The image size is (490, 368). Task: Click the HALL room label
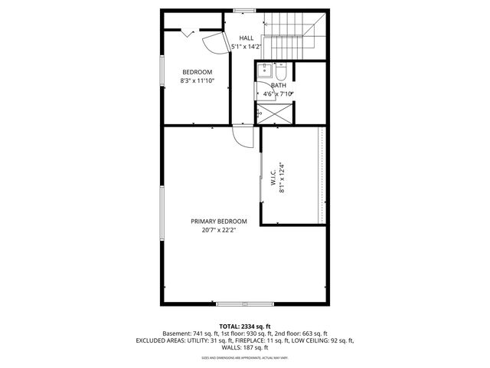[x=246, y=38]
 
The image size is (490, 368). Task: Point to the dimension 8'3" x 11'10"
[x=197, y=80]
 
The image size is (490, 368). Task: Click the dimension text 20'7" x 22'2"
[x=218, y=229]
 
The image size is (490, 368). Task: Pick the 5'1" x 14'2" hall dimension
[x=246, y=47]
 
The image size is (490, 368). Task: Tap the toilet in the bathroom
[x=280, y=74]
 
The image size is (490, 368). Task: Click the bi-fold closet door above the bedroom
[x=188, y=31]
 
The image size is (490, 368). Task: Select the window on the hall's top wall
[x=244, y=10]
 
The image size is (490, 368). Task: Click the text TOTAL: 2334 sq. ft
[x=244, y=326]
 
